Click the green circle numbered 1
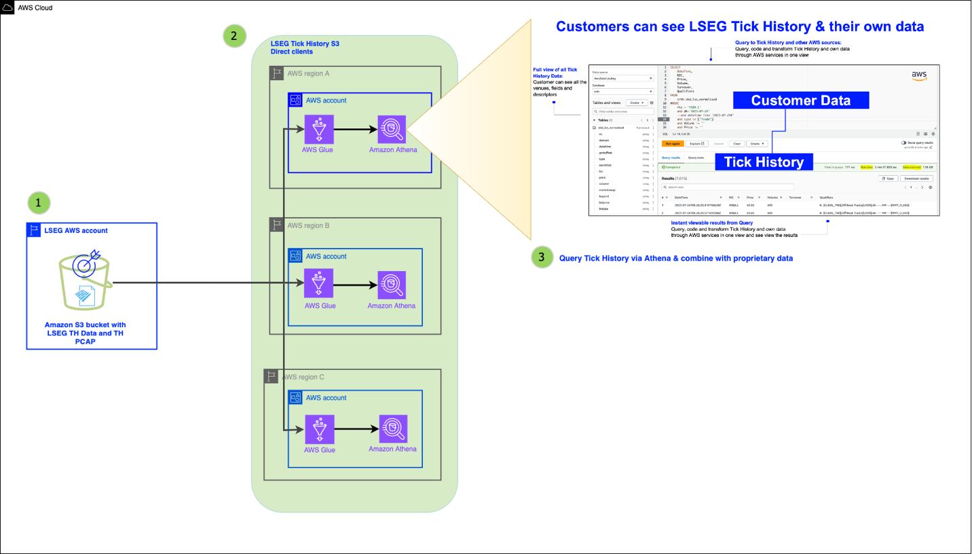coord(38,202)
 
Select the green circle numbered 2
coord(234,37)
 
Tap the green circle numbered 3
coord(540,257)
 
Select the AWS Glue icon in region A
coord(318,129)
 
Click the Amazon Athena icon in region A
coord(392,129)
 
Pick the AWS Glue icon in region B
coord(318,283)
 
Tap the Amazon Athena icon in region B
coord(392,285)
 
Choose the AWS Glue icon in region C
coord(318,429)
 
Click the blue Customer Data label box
coord(800,100)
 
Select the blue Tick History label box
coord(764,162)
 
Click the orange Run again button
coord(672,144)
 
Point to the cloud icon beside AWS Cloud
coord(7,7)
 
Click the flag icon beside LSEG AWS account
coord(34,230)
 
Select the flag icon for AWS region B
coord(276,225)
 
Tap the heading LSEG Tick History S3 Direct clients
coord(305,48)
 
